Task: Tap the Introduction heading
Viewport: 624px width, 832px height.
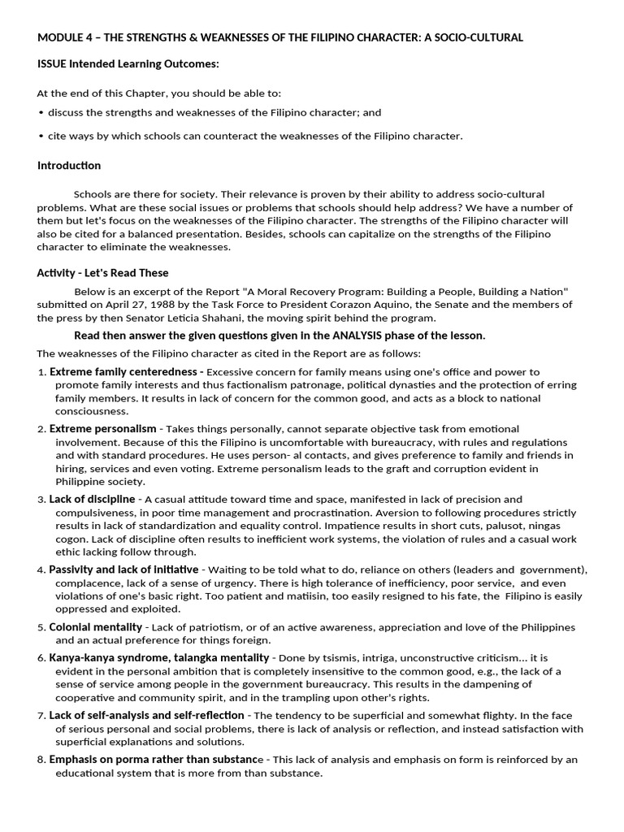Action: [69, 166]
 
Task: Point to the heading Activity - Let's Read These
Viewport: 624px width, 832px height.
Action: [102, 273]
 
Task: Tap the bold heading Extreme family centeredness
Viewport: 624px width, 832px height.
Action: [126, 372]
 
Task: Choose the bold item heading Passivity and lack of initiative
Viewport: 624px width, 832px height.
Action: [123, 570]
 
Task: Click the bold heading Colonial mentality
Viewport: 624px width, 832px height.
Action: [95, 627]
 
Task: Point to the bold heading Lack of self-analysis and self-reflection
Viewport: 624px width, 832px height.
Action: [146, 715]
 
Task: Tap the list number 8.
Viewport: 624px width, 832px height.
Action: [41, 760]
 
